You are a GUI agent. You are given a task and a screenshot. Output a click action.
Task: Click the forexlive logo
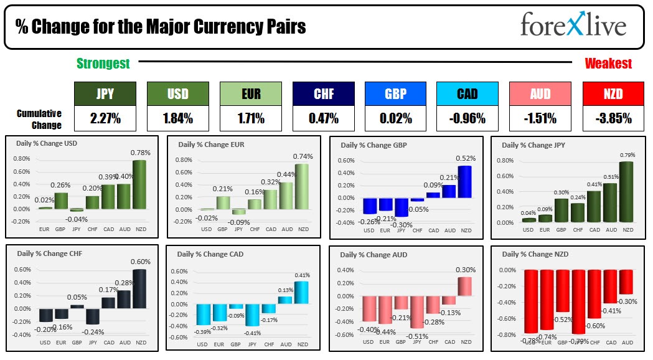tap(573, 26)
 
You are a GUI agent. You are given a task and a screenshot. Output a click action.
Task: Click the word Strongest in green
tap(103, 64)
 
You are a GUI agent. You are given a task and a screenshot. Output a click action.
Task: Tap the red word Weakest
tap(608, 64)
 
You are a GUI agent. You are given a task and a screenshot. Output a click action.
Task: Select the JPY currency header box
tap(105, 94)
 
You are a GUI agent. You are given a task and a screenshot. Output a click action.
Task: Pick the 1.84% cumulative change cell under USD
tap(177, 118)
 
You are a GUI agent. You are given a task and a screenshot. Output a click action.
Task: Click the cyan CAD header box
tap(467, 94)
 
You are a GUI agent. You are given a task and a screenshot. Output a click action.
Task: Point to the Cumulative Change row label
tap(39, 119)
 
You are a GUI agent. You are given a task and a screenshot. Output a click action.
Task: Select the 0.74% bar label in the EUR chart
tap(304, 157)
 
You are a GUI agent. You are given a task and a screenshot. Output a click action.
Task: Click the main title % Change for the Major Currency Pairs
tap(161, 27)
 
